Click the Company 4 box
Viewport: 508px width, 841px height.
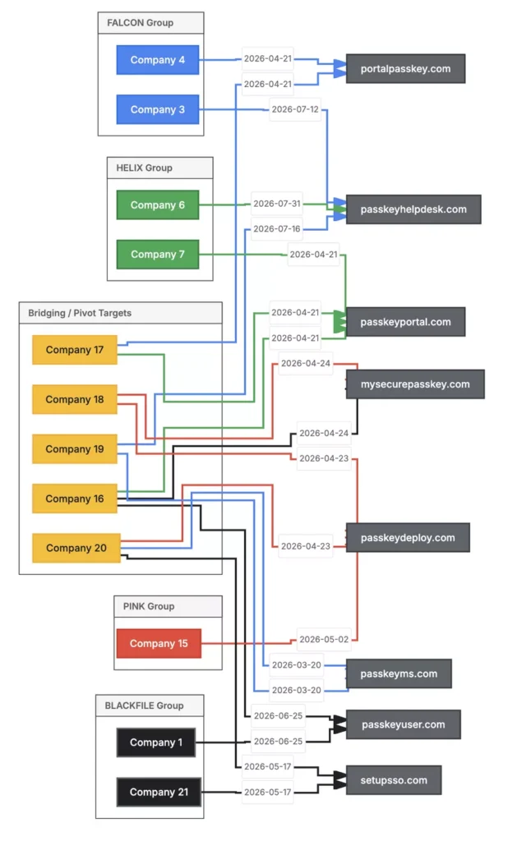157,59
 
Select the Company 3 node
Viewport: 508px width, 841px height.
157,109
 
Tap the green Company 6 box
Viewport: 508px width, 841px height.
157,205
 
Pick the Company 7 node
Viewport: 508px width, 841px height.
157,255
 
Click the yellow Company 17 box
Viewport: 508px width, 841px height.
75,350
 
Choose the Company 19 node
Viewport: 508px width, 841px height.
75,449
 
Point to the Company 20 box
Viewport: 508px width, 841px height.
76,548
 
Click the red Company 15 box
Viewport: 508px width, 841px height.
159,644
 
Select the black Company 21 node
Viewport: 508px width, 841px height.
159,793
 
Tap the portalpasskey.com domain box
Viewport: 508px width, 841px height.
405,69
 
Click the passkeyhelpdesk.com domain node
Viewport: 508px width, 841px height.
413,209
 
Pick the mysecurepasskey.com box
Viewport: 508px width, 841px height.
415,384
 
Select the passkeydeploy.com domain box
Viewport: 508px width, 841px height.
408,537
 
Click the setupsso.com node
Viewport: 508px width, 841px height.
394,780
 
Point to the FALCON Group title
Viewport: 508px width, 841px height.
141,23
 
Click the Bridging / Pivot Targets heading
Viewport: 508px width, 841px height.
80,313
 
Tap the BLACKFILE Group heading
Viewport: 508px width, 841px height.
144,705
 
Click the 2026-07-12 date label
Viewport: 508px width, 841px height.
295,109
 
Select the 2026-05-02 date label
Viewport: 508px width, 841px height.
324,639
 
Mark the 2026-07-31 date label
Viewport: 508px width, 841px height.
276,204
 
